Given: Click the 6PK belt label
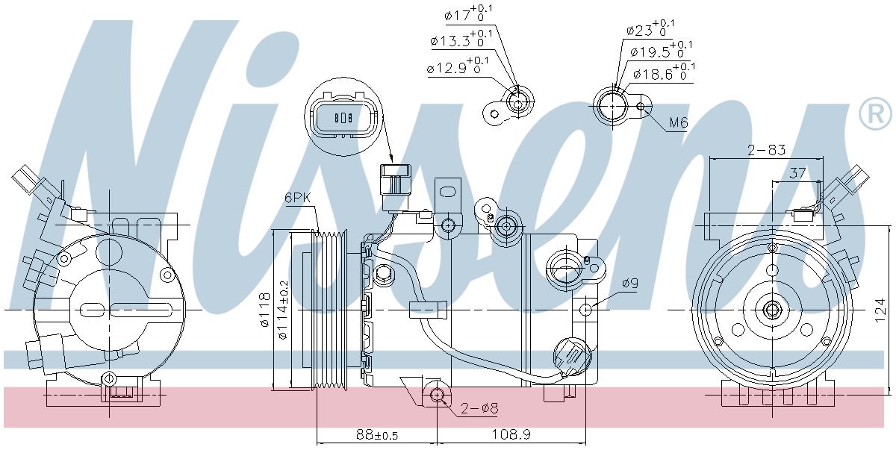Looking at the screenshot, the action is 298,199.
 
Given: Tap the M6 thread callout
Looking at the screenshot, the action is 679,122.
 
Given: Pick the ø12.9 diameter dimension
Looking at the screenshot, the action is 458,66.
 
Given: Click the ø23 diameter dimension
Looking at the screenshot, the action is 651,28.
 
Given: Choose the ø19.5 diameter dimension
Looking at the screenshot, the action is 662,50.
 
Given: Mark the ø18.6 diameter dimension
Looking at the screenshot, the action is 665,72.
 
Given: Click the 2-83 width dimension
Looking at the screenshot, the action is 766,150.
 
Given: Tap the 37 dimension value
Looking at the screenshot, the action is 797,173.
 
